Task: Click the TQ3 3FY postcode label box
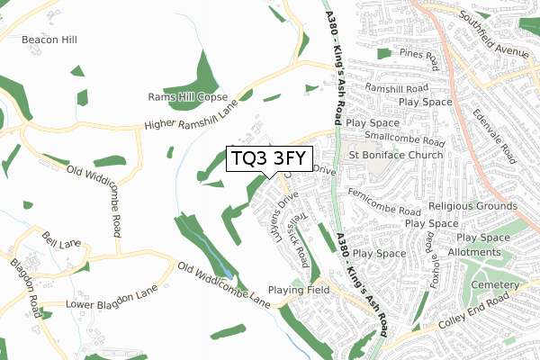pos(269,159)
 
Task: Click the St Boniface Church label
pos(396,155)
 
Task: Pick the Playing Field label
pos(298,291)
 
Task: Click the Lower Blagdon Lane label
pos(112,304)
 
